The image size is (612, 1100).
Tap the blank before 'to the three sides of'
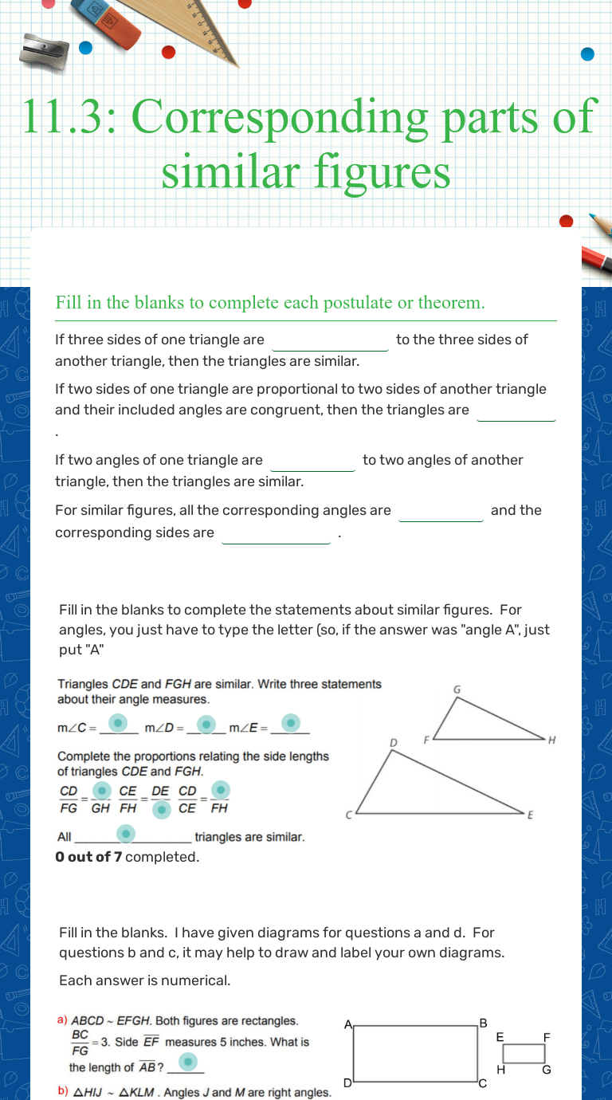[330, 341]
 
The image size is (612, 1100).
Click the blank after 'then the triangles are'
[516, 411]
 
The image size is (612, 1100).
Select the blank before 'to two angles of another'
[313, 462]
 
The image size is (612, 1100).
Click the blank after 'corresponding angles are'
[441, 512]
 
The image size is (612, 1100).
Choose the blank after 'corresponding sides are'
[276, 534]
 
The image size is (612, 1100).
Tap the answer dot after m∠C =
[118, 723]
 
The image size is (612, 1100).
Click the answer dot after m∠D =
[206, 724]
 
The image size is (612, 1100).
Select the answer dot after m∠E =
[292, 723]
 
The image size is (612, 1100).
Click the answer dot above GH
[101, 790]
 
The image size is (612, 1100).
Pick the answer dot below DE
[161, 809]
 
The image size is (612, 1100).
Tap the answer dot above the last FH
[221, 789]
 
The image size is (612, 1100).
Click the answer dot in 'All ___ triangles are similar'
[126, 834]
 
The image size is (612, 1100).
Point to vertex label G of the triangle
[457, 689]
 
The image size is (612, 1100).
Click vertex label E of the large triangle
[530, 815]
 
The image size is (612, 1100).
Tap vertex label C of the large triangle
[348, 815]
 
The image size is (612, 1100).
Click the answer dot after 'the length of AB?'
[187, 1062]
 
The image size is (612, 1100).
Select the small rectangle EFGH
[524, 1053]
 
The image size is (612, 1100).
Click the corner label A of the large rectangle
[347, 1025]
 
